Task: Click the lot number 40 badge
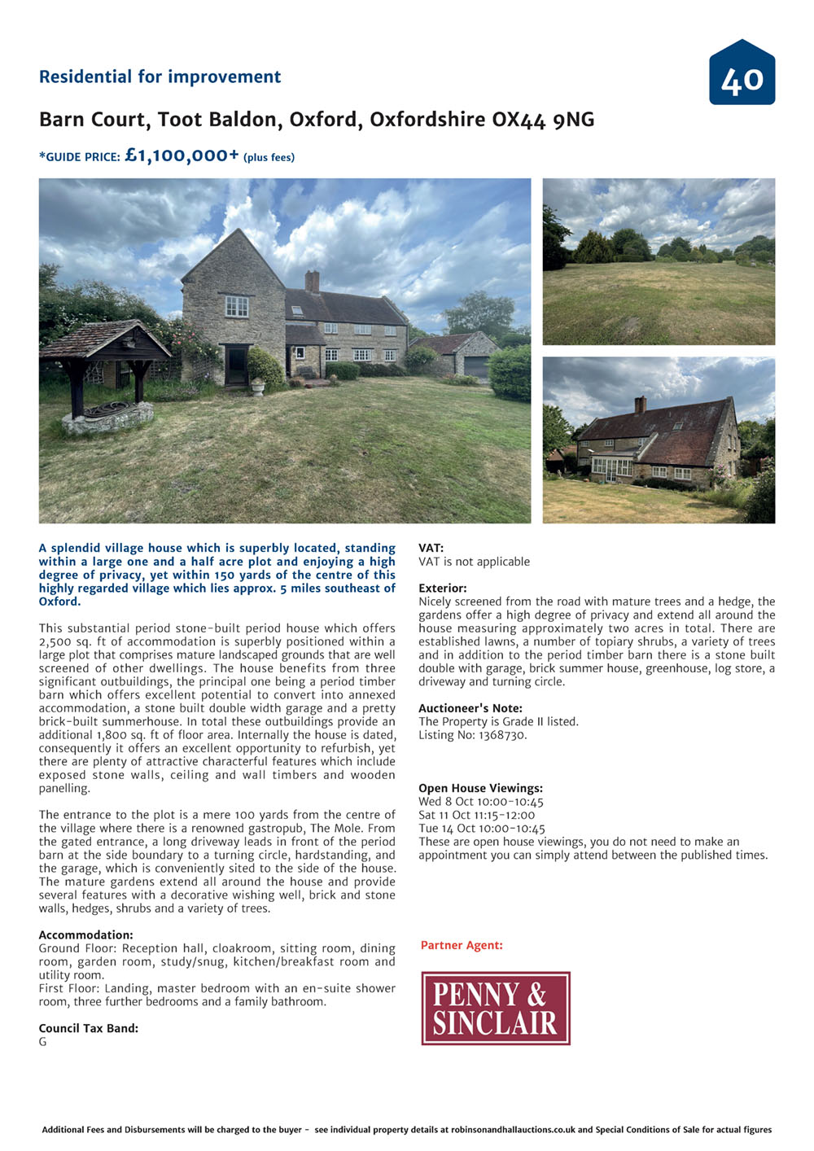click(x=742, y=74)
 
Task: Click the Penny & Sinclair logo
click(x=495, y=1008)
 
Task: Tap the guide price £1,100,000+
click(x=182, y=155)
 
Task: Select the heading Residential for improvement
click(x=160, y=77)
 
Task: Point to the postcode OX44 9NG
click(x=543, y=120)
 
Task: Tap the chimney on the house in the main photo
click(x=313, y=281)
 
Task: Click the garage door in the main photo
click(x=477, y=368)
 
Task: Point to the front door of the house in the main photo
click(x=237, y=365)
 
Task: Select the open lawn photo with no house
click(x=659, y=262)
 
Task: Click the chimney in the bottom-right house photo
click(x=641, y=405)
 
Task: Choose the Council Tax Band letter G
click(x=43, y=1042)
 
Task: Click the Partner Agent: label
click(x=462, y=945)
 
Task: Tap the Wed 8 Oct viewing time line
click(x=480, y=802)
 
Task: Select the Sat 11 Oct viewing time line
click(x=476, y=815)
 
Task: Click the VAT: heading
click(x=431, y=548)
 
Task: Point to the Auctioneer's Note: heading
click(x=470, y=708)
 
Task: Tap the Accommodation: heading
click(x=85, y=935)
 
